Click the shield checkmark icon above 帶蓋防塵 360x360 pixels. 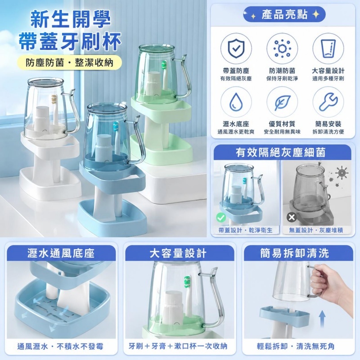click(236, 49)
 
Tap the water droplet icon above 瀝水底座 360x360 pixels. click(236, 102)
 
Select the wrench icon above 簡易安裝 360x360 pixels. click(328, 102)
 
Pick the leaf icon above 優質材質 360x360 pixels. click(282, 102)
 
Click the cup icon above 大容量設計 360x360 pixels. click(328, 49)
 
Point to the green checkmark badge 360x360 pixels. click(221, 217)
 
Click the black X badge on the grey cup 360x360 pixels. click(292, 217)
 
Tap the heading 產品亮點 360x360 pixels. click(284, 14)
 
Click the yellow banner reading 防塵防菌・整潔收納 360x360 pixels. click(70, 63)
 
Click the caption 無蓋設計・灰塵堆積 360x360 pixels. click(316, 230)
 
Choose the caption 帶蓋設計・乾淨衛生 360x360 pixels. click(245, 230)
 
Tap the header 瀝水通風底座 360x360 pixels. click(61, 253)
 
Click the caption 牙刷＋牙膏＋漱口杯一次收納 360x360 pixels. click(178, 346)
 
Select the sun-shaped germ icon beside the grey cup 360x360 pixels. click(342, 172)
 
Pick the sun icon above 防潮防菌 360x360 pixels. click(282, 49)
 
